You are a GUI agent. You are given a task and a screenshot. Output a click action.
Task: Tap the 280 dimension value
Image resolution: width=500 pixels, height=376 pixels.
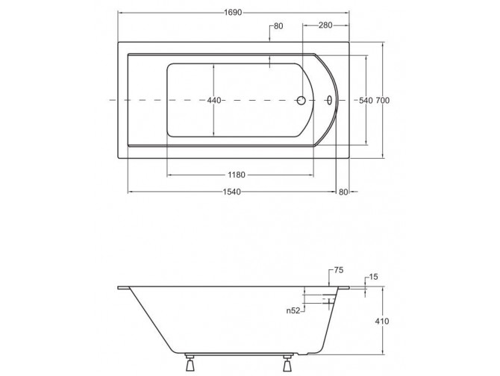click(x=325, y=26)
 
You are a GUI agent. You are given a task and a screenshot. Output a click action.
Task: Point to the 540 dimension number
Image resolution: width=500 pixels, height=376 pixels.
click(x=366, y=100)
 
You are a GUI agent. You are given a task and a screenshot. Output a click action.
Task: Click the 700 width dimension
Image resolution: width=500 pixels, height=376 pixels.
click(x=384, y=100)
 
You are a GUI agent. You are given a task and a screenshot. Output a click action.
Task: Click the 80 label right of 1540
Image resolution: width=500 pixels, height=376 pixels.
click(x=344, y=193)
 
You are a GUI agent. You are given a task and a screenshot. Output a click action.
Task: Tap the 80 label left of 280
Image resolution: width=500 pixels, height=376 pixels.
click(x=278, y=26)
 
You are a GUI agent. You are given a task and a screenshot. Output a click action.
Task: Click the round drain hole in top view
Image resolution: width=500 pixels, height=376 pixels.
click(x=301, y=100)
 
